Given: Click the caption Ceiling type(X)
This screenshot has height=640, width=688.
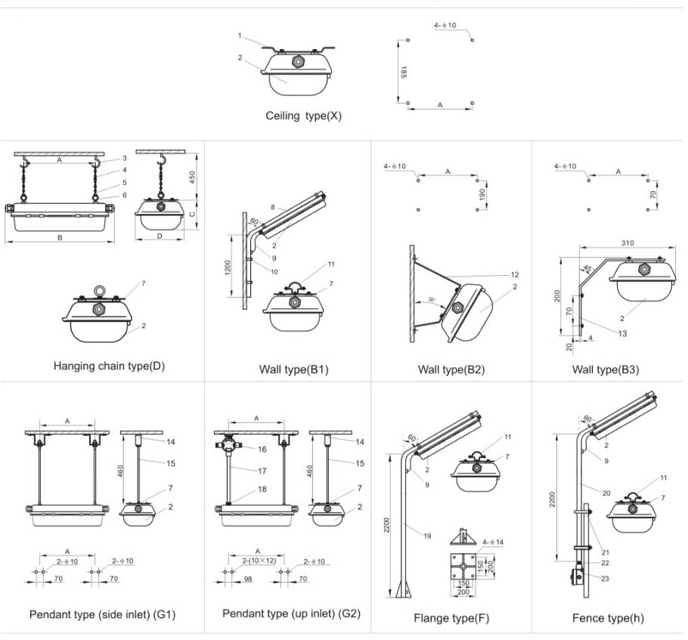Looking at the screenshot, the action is click(x=303, y=116).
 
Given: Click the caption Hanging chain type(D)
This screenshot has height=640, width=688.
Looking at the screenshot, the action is click(x=109, y=366).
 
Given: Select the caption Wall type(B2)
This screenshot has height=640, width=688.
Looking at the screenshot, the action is click(x=451, y=369).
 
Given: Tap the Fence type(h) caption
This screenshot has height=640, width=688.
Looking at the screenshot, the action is click(x=608, y=618).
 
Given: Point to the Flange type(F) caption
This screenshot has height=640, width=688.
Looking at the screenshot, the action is click(x=451, y=618).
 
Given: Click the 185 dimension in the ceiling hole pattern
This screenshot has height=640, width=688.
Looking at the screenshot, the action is click(x=404, y=72).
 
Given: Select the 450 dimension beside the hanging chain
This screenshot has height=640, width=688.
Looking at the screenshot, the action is click(x=192, y=178).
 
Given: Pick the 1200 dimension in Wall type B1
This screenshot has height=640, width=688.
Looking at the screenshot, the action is click(x=228, y=267).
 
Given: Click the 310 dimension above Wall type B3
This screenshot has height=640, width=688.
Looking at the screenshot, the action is click(x=628, y=243).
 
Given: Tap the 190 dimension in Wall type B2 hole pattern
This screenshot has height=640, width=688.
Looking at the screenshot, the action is click(x=482, y=194).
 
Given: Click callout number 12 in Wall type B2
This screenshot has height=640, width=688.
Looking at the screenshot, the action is click(x=515, y=274).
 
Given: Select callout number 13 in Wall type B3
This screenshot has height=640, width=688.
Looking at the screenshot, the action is click(x=622, y=333).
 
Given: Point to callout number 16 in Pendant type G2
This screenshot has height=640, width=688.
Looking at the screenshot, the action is click(x=262, y=449).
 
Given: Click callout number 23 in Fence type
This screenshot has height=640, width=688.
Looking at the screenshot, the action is click(x=605, y=579).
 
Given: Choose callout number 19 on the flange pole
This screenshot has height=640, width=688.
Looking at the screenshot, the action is click(x=427, y=536).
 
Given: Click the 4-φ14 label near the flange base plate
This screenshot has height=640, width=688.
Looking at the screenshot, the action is click(x=493, y=543).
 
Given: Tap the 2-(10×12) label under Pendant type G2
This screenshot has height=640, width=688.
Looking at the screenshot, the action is click(x=259, y=561).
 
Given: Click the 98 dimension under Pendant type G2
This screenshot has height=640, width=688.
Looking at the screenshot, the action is click(x=248, y=579).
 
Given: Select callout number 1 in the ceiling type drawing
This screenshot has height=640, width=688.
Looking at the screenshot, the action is click(x=240, y=36).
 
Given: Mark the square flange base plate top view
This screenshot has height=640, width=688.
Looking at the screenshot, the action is click(x=463, y=566).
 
